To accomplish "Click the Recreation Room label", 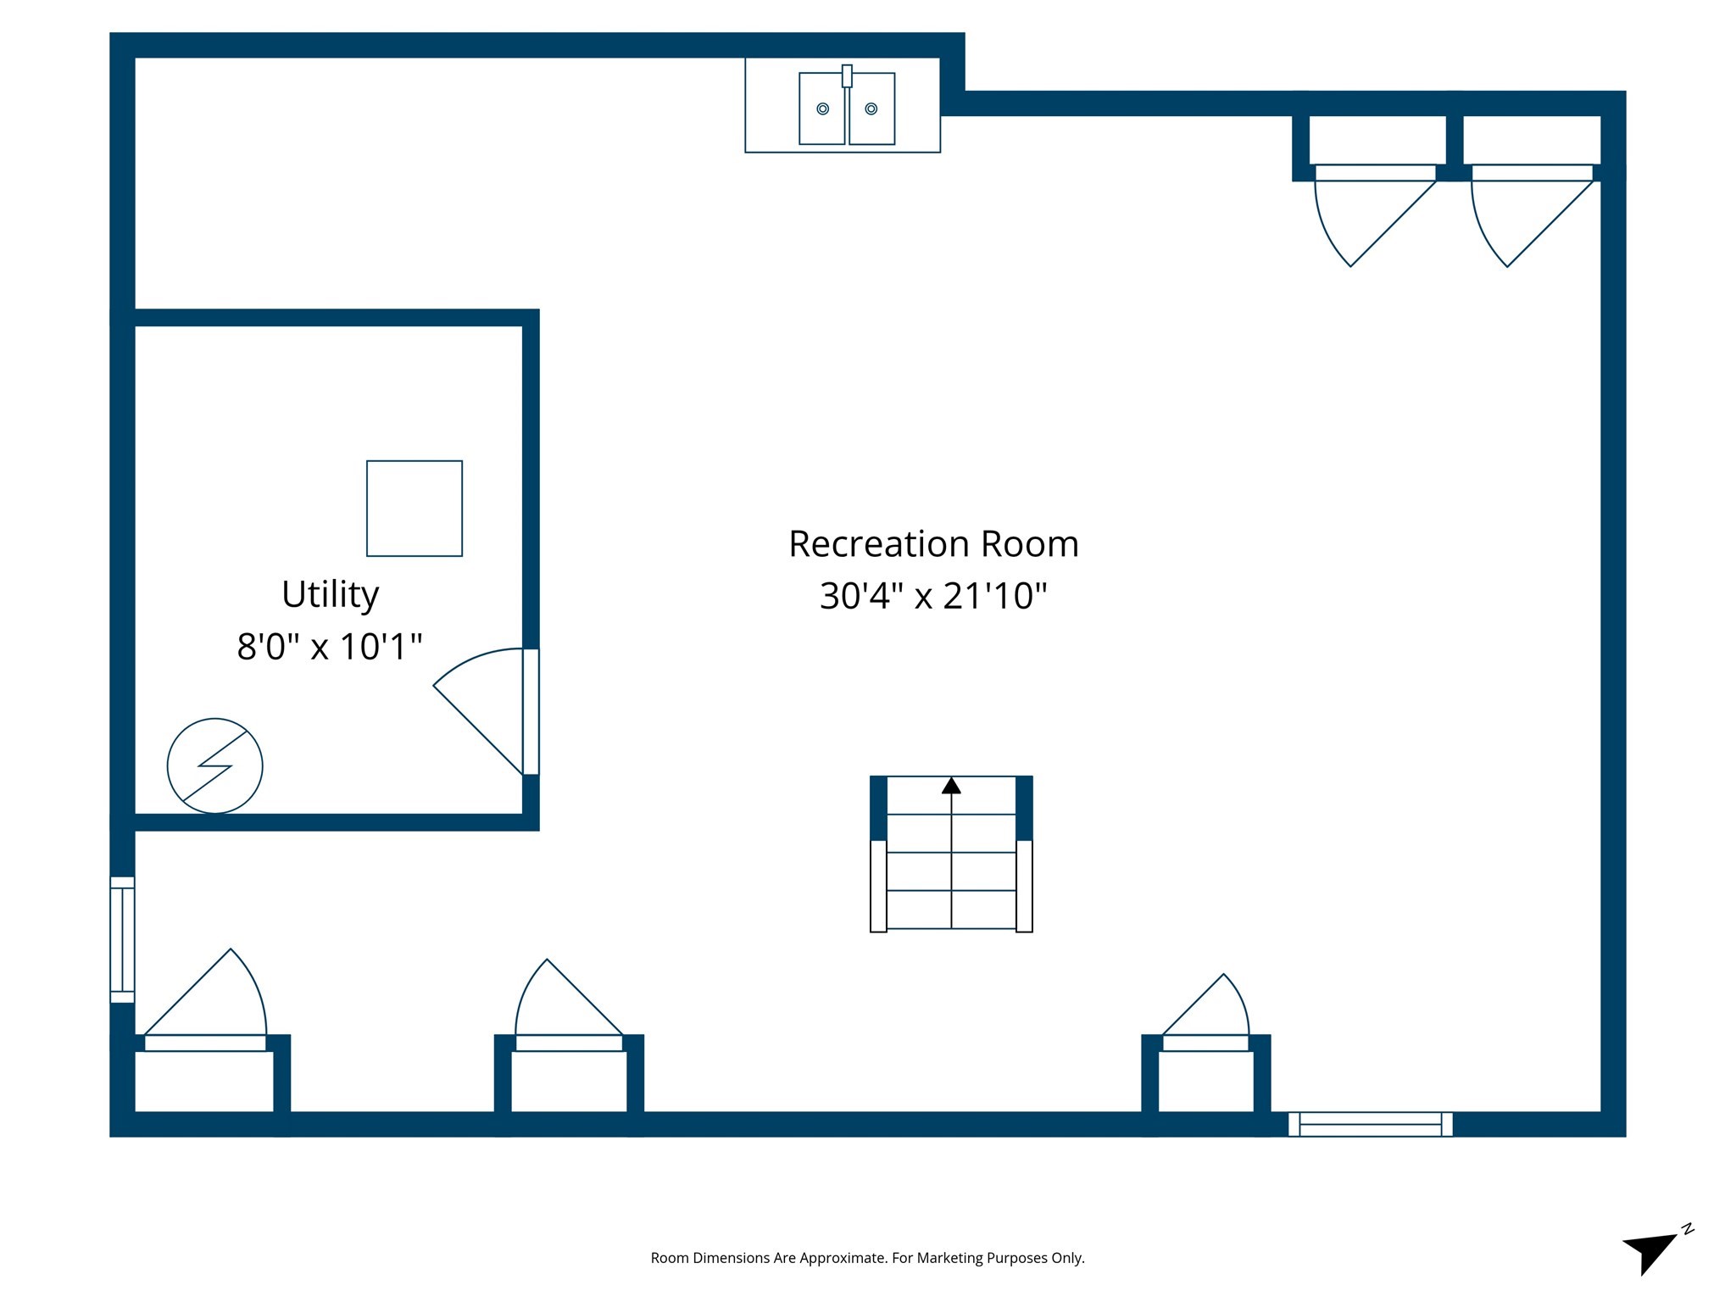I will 933,544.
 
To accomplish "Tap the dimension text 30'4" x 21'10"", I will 933,596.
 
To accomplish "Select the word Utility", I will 330,595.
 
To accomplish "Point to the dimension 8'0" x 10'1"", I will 330,647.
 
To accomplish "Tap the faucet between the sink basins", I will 847,76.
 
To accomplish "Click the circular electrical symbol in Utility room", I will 215,766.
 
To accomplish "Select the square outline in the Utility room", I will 415,509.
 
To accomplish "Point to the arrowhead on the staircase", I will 951,786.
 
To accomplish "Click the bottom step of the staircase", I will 951,910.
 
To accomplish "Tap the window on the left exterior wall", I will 123,939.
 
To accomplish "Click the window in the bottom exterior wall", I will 1370,1124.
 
